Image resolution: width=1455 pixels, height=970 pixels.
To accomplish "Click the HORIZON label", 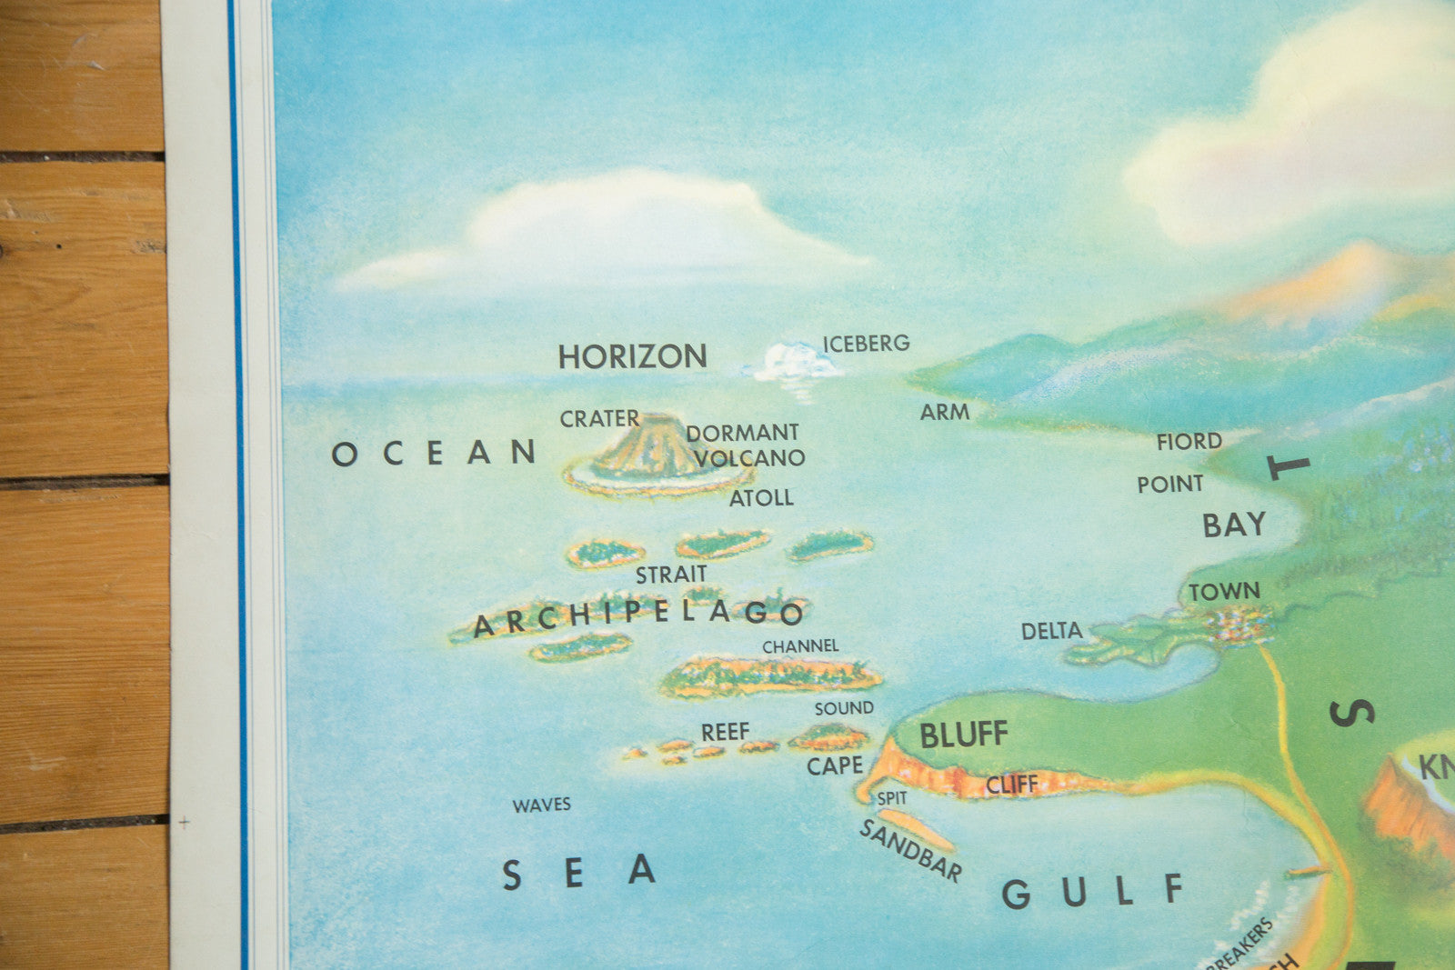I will coord(632,356).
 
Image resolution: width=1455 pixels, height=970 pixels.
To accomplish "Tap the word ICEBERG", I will coord(866,344).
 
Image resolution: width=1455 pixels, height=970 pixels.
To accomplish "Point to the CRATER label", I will coord(599,419).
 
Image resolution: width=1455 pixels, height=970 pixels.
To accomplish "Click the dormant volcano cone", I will coord(651,448).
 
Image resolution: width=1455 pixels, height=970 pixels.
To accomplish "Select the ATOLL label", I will coord(761,498).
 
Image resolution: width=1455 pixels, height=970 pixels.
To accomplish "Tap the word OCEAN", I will coord(434,453).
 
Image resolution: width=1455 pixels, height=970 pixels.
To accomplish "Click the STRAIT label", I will coord(671,575).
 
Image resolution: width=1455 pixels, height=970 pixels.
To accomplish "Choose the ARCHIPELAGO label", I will coord(638,616).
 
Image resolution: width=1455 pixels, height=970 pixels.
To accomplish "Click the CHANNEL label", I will coord(800,646).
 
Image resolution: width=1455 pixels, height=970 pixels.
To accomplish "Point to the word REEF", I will coord(725,732).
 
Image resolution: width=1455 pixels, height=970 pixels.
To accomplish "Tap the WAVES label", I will coord(541,805).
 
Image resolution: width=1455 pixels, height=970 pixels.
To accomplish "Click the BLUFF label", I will coord(963,735).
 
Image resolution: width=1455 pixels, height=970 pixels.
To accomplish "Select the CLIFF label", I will coord(1011,785).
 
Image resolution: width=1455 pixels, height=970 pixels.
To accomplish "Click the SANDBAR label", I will coord(910,851).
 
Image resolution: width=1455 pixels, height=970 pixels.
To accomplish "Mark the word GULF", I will coord(1092,892).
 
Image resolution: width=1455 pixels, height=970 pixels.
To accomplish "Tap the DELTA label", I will coord(1051,631).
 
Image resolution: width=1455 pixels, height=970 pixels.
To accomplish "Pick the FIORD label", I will coord(1189,442).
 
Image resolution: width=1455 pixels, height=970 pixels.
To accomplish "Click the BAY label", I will coord(1234,525).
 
